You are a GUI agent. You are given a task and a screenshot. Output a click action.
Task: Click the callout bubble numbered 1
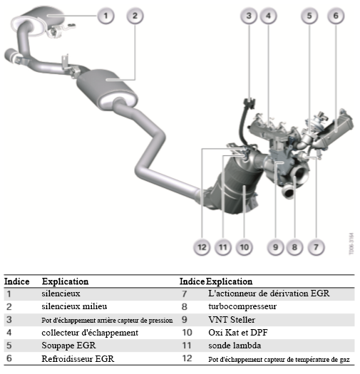point(106,16)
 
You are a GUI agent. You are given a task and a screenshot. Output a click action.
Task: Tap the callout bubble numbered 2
point(135,16)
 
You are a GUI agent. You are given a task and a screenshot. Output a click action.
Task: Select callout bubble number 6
point(336,16)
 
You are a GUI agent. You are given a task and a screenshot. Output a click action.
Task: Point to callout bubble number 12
point(202,247)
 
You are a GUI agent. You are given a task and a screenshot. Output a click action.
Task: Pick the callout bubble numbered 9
point(275,247)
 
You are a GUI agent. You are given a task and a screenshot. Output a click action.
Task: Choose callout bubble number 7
point(316,247)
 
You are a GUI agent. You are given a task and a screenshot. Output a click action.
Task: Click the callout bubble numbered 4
point(268,16)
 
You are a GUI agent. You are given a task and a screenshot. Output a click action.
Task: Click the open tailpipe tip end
point(10,54)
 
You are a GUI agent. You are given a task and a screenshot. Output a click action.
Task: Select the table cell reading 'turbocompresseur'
point(242,306)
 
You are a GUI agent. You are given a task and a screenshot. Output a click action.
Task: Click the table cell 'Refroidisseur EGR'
point(78,358)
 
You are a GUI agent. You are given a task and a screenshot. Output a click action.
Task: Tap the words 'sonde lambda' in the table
point(235,346)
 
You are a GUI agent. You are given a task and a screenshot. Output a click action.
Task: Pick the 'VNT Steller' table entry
point(232,320)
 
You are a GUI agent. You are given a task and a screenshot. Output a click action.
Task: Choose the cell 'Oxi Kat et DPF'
point(238,333)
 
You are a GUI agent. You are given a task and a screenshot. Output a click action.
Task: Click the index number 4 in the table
point(9,333)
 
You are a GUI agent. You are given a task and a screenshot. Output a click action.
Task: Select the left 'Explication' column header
point(65,281)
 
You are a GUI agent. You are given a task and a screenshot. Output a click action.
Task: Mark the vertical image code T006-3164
point(351,244)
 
